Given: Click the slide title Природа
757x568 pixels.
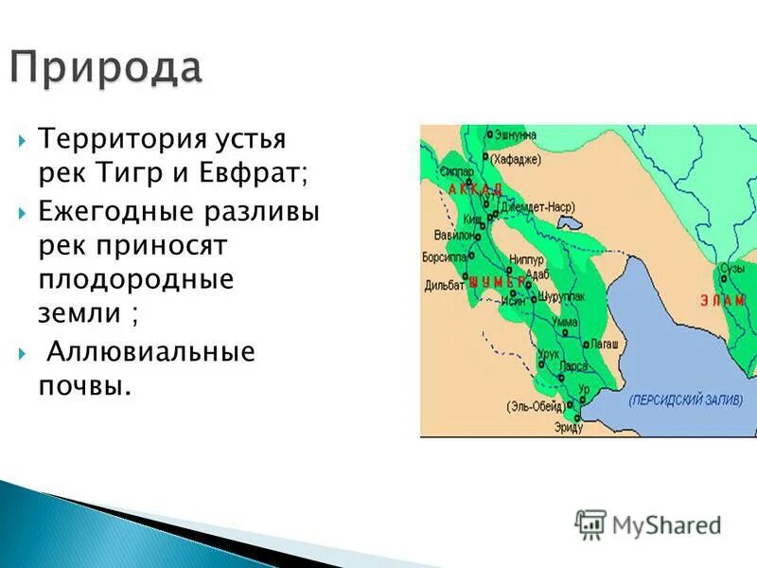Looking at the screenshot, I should click(106, 68).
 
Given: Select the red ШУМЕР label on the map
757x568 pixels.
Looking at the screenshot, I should click(496, 281).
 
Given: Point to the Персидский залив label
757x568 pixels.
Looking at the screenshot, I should click(685, 400).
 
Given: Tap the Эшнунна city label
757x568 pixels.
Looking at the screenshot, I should click(517, 134).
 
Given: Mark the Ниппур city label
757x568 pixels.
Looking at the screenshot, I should click(527, 258).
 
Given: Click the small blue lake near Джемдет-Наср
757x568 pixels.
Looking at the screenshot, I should click(570, 224).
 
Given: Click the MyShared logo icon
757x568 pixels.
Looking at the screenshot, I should click(590, 524).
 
